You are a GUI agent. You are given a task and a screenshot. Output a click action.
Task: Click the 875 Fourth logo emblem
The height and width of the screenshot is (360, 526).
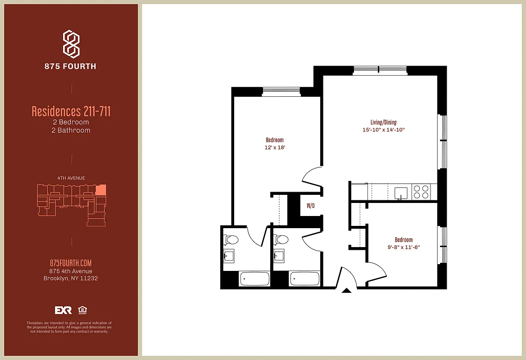71,44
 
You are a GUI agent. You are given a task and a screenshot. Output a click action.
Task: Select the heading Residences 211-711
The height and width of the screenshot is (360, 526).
71,111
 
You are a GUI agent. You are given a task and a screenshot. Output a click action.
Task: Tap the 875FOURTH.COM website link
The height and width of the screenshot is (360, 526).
71,263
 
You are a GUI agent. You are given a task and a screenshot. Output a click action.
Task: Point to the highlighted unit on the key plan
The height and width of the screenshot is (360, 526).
102,189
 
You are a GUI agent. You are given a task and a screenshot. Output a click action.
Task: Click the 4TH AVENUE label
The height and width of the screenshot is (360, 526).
71,178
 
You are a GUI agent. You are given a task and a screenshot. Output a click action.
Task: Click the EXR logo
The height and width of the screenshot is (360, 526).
63,310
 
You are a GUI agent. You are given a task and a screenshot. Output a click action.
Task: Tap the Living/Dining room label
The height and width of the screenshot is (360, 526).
380,122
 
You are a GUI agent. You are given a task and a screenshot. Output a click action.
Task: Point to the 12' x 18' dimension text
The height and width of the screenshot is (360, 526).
274,148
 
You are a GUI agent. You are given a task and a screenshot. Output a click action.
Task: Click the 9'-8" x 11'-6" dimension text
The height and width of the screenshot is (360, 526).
404,247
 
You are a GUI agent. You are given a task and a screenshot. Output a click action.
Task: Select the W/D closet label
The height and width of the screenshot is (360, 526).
311,206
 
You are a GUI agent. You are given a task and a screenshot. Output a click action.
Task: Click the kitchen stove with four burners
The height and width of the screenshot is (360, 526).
422,192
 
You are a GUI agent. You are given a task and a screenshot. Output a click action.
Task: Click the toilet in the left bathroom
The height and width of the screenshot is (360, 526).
231,240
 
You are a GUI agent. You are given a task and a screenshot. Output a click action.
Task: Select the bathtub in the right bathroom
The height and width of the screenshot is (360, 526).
304,279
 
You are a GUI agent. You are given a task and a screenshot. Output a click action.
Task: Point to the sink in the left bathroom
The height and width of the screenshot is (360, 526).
230,256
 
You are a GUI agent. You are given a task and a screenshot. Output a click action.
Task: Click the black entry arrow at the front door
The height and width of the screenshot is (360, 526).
346,291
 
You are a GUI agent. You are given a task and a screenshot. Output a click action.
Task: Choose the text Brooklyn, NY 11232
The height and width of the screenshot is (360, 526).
71,278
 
